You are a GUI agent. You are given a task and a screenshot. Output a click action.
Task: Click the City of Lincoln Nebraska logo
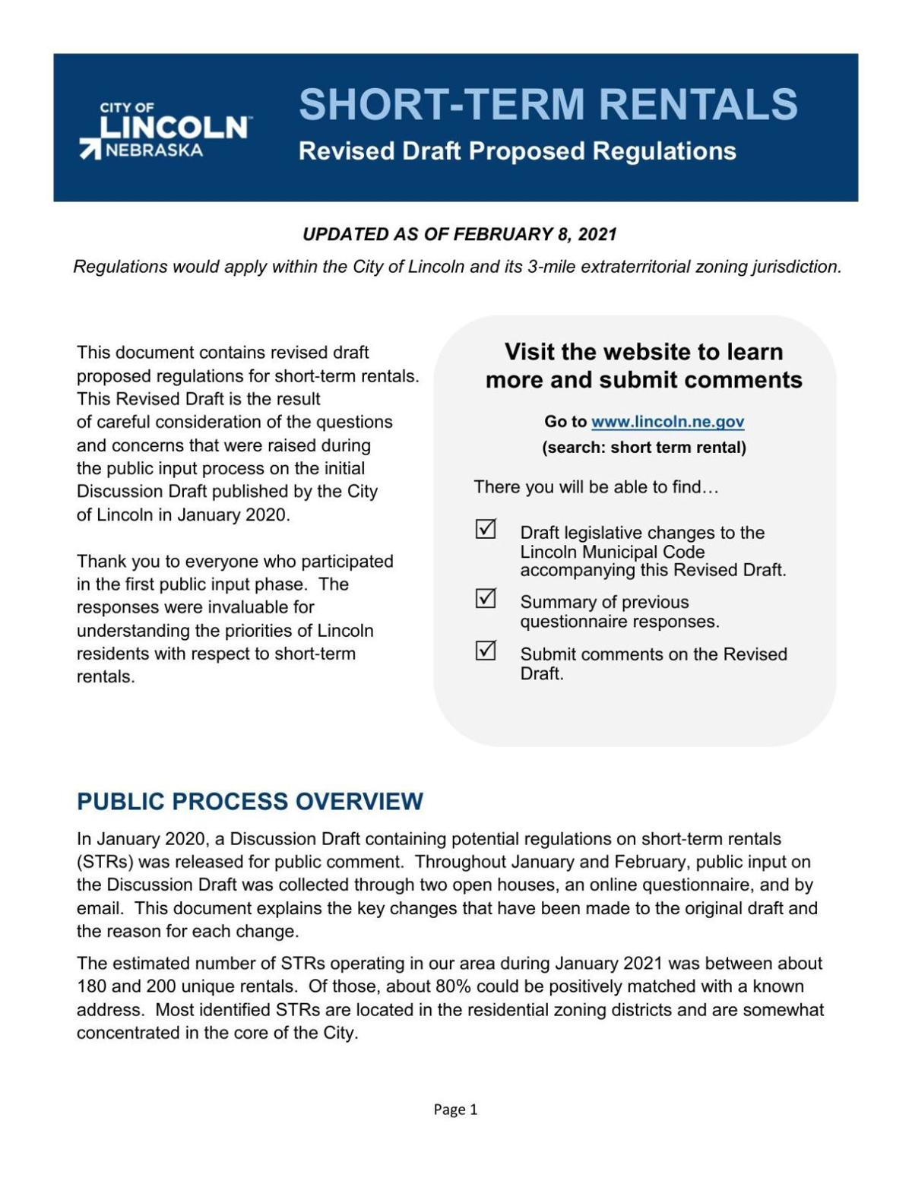point(165,130)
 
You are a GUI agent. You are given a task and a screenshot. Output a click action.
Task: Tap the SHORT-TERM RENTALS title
point(548,104)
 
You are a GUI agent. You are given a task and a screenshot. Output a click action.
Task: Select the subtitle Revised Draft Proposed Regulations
point(517,151)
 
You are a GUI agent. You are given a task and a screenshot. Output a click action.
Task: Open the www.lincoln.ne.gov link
point(667,422)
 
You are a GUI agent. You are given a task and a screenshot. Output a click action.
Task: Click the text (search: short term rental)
point(644,448)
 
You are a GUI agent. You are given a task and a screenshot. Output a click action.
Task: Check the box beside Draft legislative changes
point(486,529)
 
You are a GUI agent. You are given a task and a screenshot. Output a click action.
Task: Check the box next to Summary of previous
point(486,599)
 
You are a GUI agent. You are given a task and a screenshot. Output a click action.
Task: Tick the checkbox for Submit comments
point(486,651)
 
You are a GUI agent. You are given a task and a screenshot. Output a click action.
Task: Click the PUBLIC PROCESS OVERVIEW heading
point(250,802)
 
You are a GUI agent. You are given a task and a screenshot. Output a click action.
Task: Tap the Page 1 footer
point(455,1110)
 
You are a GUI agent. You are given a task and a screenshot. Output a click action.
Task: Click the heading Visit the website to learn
point(644,352)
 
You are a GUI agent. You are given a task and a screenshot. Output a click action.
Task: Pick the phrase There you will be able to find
point(596,487)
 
